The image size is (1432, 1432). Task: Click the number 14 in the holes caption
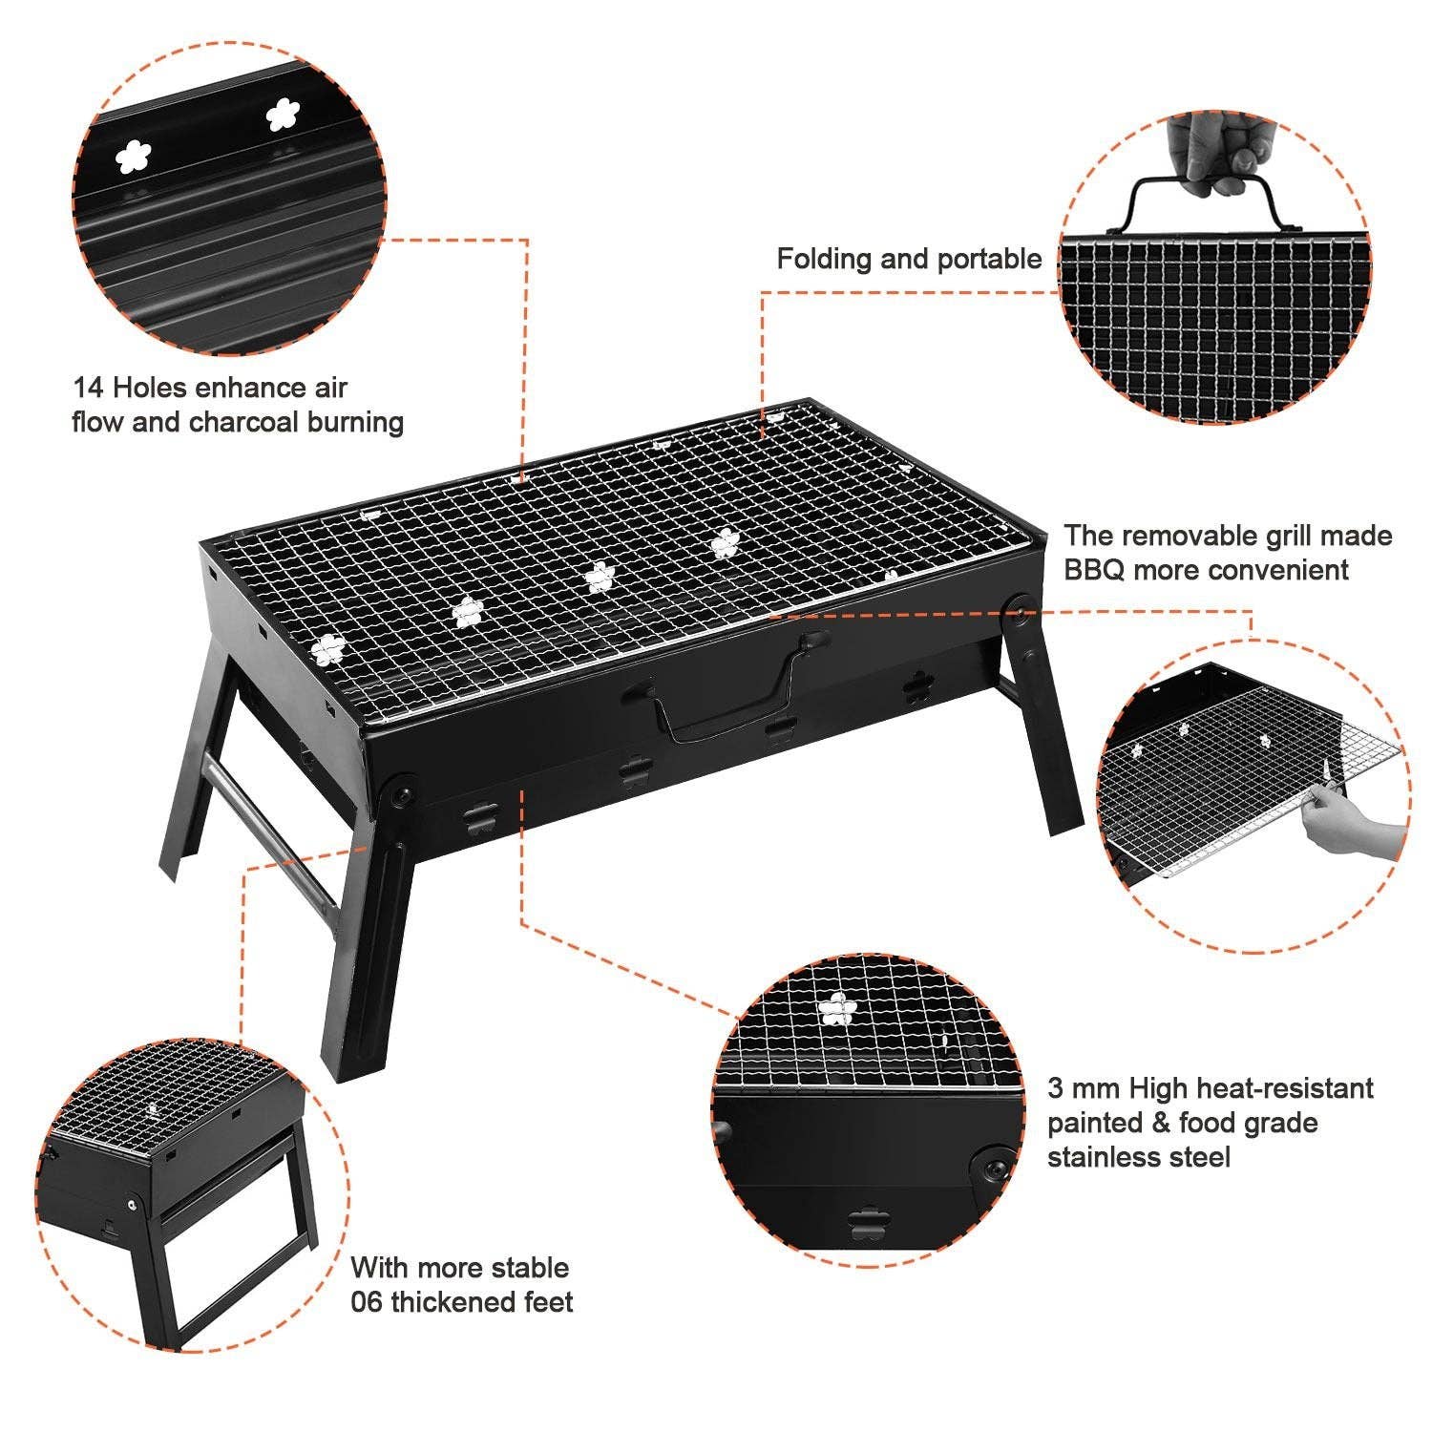coord(89,388)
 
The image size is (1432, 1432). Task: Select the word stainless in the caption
coord(1105,1157)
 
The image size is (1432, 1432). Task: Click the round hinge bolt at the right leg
coord(1020,606)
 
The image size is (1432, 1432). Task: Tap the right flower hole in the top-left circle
coord(282,116)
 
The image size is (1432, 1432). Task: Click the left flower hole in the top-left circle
coord(134,157)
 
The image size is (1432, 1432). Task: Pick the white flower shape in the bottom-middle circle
coord(838,1009)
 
